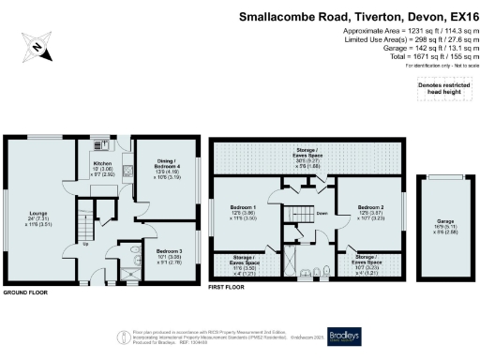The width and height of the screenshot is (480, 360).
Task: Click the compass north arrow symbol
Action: point(35,48)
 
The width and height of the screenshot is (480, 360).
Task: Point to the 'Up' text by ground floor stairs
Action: point(87,246)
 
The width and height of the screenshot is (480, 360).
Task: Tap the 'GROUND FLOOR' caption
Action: point(26,293)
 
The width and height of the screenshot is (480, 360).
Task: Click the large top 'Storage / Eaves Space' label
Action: point(308,157)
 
